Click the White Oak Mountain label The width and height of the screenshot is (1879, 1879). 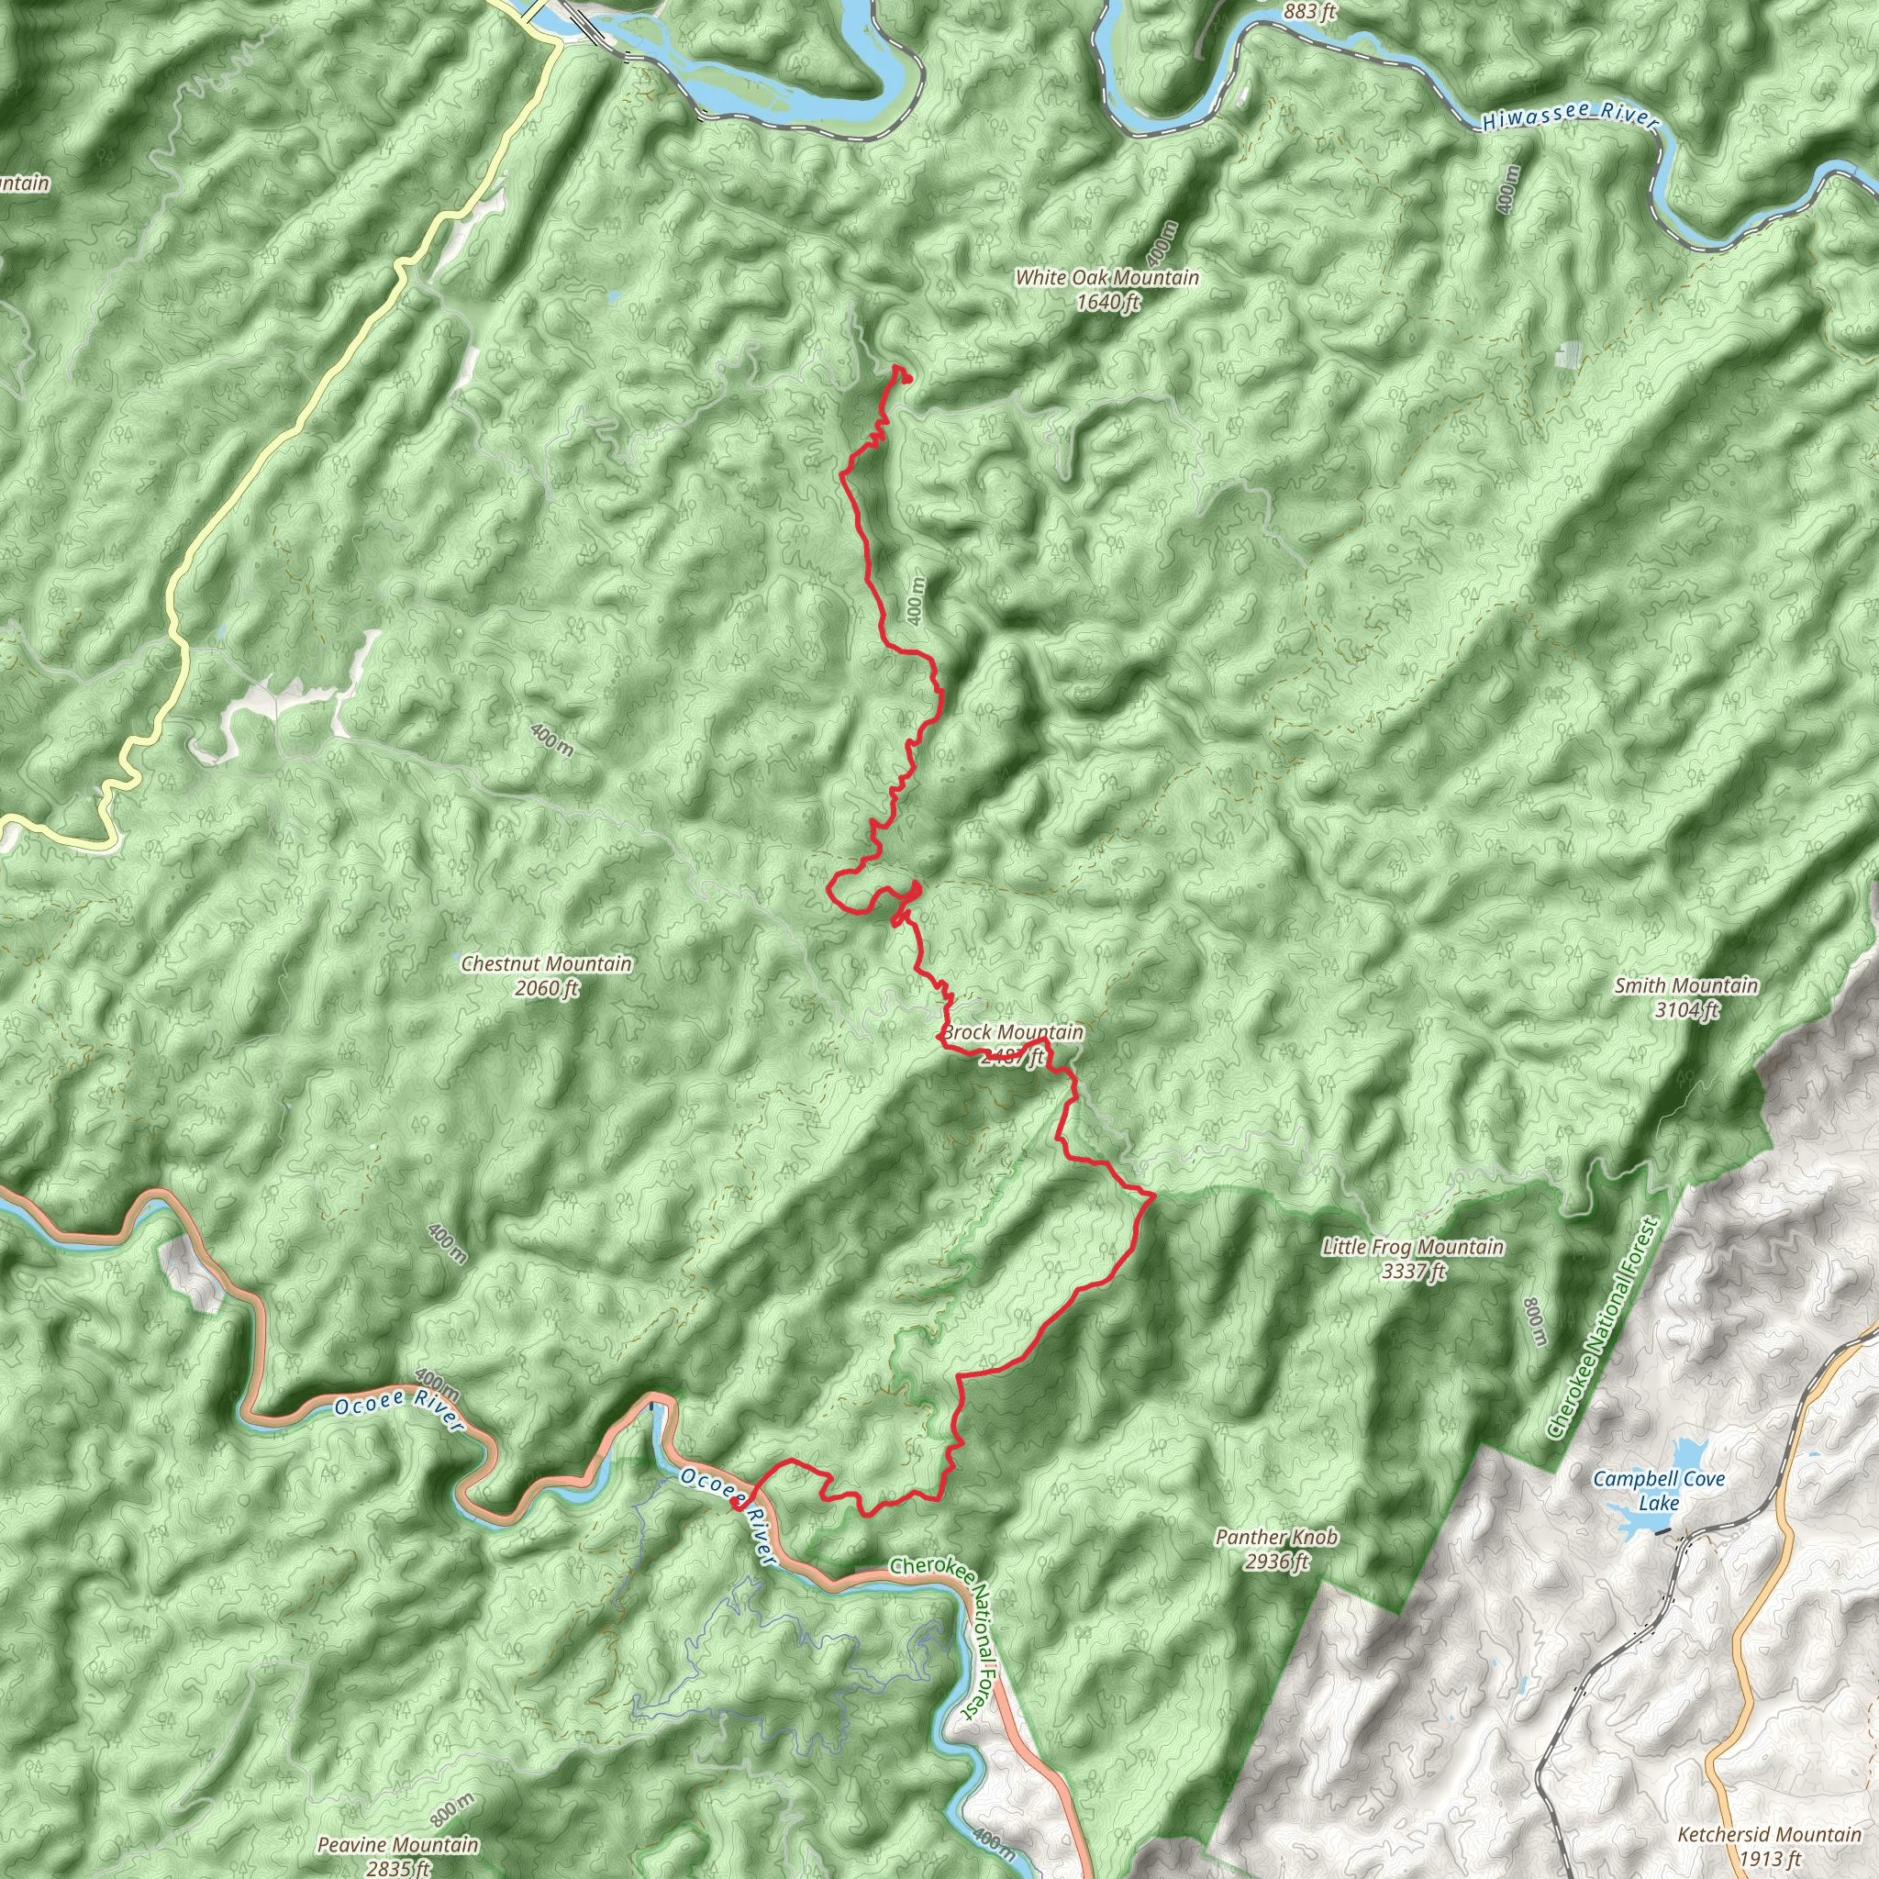pos(1106,278)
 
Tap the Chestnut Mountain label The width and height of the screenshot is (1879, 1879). pos(546,964)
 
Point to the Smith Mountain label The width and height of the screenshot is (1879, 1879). pos(1686,986)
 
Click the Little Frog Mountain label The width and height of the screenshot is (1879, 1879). pos(1412,1247)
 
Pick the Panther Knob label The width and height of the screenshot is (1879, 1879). pos(1276,1538)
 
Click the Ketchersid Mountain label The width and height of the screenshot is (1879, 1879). pos(1768,1835)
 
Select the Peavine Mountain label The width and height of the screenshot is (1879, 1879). pos(398,1845)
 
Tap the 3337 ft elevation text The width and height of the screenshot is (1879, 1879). pos(1413,1271)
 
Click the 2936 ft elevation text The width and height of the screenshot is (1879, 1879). pos(1276,1562)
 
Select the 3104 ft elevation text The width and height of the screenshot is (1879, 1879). pos(1686,1010)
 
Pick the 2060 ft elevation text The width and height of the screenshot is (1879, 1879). pos(546,989)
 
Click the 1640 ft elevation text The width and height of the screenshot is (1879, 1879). pos(1106,303)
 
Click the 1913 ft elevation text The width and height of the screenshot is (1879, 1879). pos(1768,1860)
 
